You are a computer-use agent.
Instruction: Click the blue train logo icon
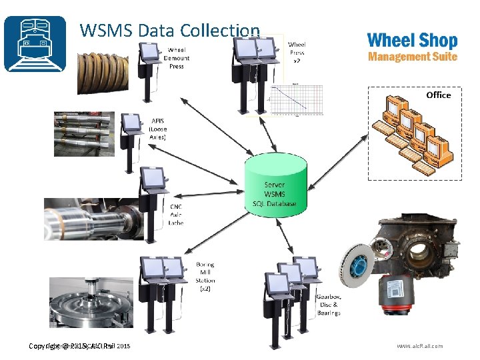tap(35, 43)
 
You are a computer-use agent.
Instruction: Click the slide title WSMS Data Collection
tap(169, 30)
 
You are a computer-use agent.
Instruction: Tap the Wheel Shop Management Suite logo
tap(412, 47)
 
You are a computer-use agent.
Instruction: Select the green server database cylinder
tap(275, 184)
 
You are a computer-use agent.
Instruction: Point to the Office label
tap(438, 95)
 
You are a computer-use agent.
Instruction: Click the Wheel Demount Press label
tap(177, 58)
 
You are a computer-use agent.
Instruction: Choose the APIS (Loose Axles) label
tap(158, 129)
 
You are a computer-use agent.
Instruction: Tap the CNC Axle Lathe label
tap(176, 214)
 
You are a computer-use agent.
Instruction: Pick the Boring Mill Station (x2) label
tap(205, 277)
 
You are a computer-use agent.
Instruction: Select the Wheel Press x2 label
tap(297, 52)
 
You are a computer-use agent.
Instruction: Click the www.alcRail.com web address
tap(419, 346)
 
